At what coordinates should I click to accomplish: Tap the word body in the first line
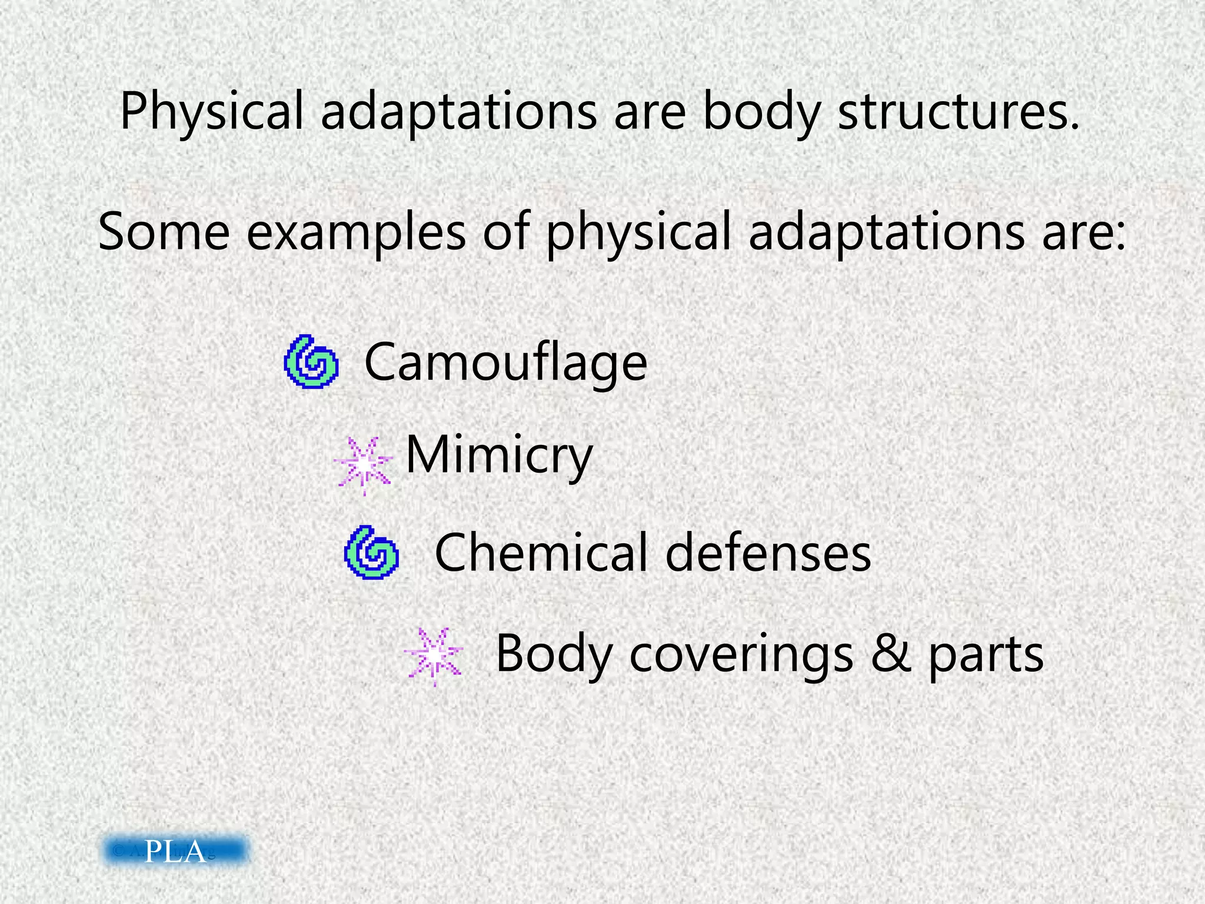(761, 112)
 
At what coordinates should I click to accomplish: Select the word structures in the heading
(959, 112)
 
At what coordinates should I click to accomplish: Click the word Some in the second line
(164, 232)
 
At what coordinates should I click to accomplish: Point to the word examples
(356, 232)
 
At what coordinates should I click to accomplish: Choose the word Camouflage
(505, 363)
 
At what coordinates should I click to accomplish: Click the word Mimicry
(499, 456)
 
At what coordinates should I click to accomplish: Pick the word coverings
(741, 654)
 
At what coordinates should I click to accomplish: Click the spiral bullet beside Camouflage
(311, 362)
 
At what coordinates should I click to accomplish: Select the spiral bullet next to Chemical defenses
(371, 553)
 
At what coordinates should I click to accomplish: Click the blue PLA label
(176, 851)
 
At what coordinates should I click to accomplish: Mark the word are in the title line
(650, 112)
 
